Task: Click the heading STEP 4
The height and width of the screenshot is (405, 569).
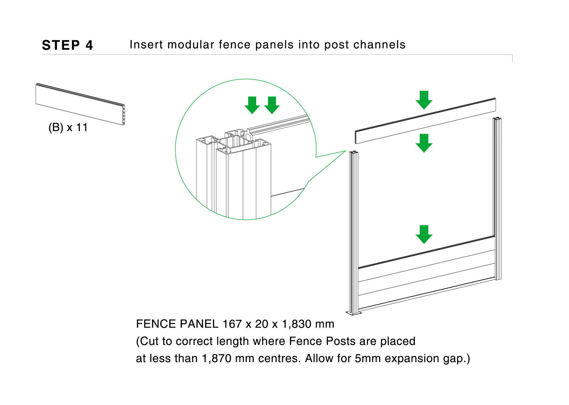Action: pyautogui.click(x=67, y=45)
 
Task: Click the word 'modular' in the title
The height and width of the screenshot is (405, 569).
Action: pyautogui.click(x=191, y=45)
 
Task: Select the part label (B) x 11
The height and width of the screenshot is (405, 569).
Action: pyautogui.click(x=68, y=128)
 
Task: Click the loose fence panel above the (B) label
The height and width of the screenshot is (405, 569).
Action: pyautogui.click(x=80, y=104)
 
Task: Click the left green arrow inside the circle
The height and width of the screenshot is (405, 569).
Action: pyautogui.click(x=252, y=105)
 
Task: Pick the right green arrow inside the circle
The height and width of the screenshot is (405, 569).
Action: pyautogui.click(x=272, y=105)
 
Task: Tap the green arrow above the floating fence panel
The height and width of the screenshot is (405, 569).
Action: pyautogui.click(x=424, y=100)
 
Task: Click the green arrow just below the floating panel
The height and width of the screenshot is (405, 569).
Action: pyautogui.click(x=424, y=143)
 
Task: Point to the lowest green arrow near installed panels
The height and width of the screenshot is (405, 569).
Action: pyautogui.click(x=424, y=234)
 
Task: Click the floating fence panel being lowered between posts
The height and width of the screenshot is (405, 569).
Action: pyautogui.click(x=425, y=121)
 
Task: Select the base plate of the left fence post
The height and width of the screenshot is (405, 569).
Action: pyautogui.click(x=353, y=313)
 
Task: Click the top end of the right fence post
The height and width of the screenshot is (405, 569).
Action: pyautogui.click(x=497, y=119)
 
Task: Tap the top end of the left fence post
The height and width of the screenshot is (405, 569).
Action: pyautogui.click(x=354, y=153)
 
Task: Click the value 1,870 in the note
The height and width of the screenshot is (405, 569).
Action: pyautogui.click(x=217, y=358)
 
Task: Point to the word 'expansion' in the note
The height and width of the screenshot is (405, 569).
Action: pyautogui.click(x=412, y=359)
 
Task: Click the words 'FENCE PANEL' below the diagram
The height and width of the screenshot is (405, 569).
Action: pyautogui.click(x=177, y=324)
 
